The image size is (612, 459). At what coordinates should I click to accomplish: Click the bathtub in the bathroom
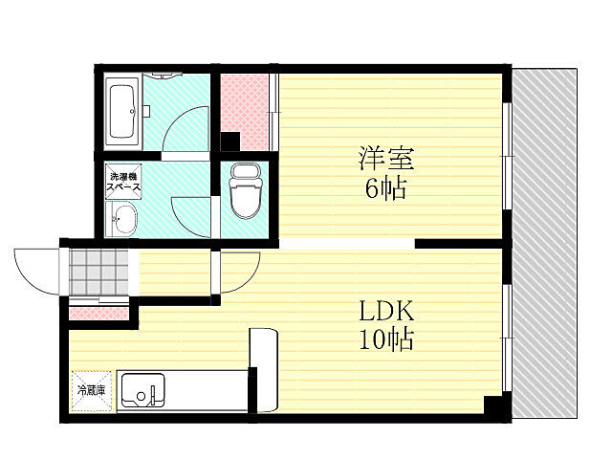pos(123,112)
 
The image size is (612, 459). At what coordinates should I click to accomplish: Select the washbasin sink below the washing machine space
pos(124,222)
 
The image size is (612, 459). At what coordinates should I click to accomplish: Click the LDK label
pos(386,312)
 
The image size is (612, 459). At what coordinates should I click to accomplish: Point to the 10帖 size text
pos(386,339)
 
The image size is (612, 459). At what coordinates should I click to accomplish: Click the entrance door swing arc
pos(36,273)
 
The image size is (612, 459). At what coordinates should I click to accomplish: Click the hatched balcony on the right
pos(544,244)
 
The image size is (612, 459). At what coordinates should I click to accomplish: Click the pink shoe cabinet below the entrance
pos(97,312)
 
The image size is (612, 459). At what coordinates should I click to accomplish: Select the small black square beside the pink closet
pos(230,142)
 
